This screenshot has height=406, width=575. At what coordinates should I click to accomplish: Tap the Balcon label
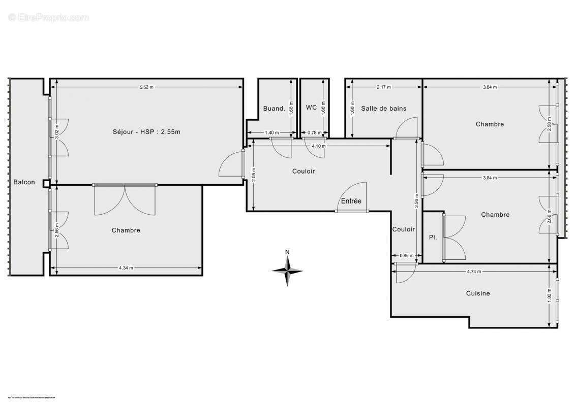click(x=24, y=182)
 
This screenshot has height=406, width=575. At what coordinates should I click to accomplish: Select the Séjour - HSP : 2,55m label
click(x=147, y=132)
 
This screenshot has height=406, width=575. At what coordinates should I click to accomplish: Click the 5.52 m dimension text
click(x=146, y=87)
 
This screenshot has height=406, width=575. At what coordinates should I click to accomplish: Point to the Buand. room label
click(x=274, y=108)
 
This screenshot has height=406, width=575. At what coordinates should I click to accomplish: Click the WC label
click(x=311, y=108)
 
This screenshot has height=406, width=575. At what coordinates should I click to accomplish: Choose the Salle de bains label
click(x=384, y=108)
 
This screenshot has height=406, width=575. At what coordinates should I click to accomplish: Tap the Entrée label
click(x=351, y=201)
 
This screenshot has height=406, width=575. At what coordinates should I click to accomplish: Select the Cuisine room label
click(x=478, y=293)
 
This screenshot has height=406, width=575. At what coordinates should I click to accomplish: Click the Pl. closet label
click(x=433, y=237)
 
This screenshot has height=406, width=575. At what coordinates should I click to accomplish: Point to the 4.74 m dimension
click(x=474, y=272)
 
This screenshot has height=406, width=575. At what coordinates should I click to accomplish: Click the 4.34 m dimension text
click(x=126, y=268)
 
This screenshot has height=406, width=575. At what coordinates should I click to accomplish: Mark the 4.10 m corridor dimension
click(x=318, y=146)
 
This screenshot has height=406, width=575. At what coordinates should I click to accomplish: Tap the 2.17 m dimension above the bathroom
click(x=384, y=87)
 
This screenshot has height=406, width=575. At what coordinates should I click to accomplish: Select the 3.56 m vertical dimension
click(x=417, y=198)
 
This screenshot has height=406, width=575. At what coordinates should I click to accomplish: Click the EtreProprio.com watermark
click(x=49, y=18)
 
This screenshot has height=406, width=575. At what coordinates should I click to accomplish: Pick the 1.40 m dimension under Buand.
click(x=272, y=133)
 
